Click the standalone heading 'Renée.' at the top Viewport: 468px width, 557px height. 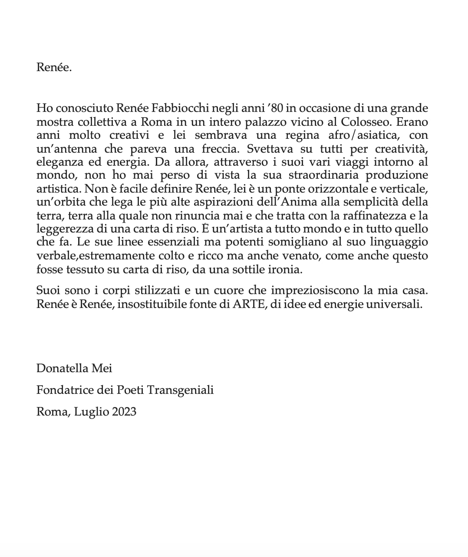coord(54,68)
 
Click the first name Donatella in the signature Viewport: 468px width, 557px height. coord(63,368)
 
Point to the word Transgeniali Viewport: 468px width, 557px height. coord(181,390)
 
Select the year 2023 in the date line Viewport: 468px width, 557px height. coord(124,411)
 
